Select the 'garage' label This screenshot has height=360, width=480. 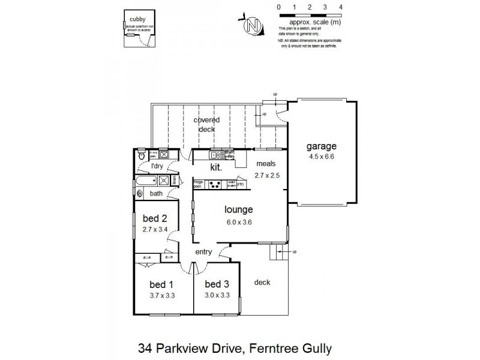tap(322, 146)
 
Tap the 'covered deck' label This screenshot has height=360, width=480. tap(206, 124)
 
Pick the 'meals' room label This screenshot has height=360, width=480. tap(266, 163)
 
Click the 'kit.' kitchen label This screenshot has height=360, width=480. tap(217, 168)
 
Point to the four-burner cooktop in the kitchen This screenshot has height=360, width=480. tap(214, 185)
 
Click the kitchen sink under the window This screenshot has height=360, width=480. tap(216, 155)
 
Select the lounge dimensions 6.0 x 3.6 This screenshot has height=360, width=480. tap(239, 221)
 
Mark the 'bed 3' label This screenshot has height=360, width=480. tap(217, 284)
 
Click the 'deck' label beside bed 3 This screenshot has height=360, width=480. tap(263, 283)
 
